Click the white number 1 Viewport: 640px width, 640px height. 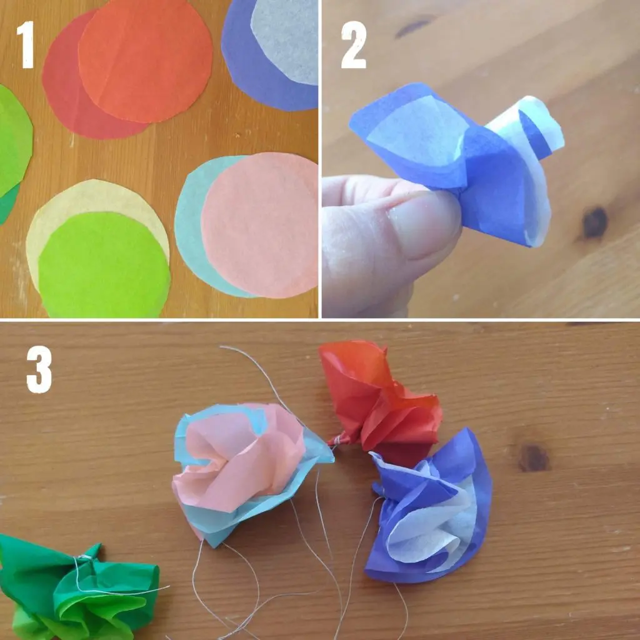[26, 44]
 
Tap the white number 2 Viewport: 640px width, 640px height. [354, 44]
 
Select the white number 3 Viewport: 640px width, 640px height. [39, 370]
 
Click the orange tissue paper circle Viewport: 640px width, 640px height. [145, 61]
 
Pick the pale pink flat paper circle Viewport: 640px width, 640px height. [259, 225]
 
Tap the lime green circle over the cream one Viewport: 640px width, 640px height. [104, 265]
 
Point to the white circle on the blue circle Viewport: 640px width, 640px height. [286, 41]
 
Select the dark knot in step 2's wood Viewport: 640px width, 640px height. [595, 222]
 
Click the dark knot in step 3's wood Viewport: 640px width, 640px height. [534, 457]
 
